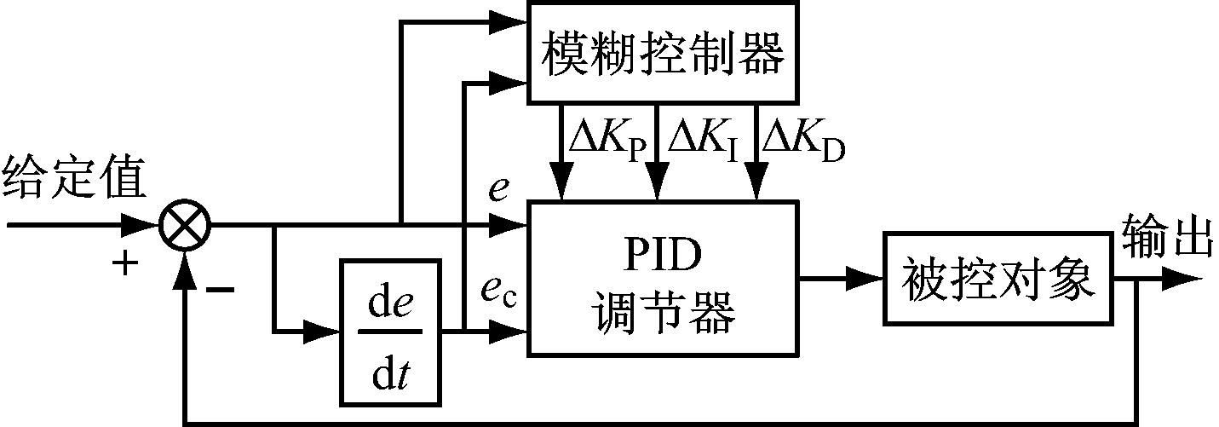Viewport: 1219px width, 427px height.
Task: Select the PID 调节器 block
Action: point(664,277)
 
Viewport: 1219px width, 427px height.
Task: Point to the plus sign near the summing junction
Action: point(125,264)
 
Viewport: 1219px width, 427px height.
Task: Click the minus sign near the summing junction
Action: point(220,290)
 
